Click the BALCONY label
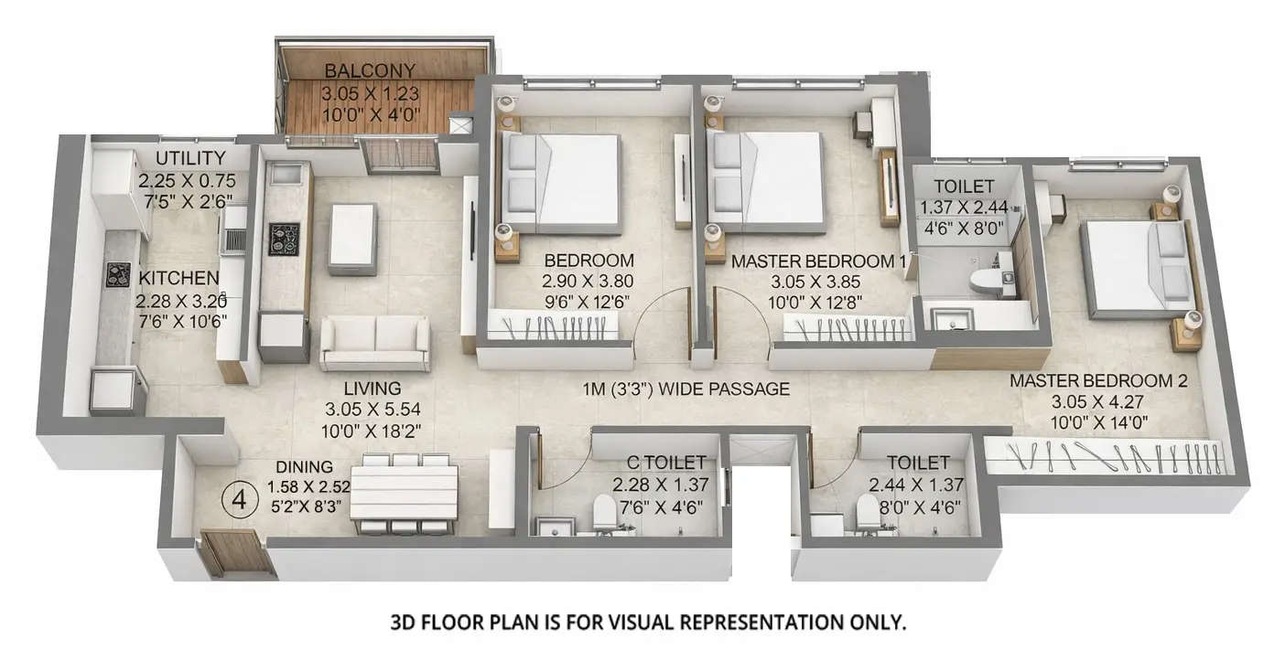pos(370,70)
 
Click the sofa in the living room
pos(375,343)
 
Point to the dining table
pos(404,492)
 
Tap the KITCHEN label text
pos(178,278)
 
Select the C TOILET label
pos(659,464)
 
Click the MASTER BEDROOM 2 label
pos(1098,380)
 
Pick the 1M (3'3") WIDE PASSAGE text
pos(686,389)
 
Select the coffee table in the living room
pos(352,238)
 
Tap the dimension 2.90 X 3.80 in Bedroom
pos(588,281)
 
